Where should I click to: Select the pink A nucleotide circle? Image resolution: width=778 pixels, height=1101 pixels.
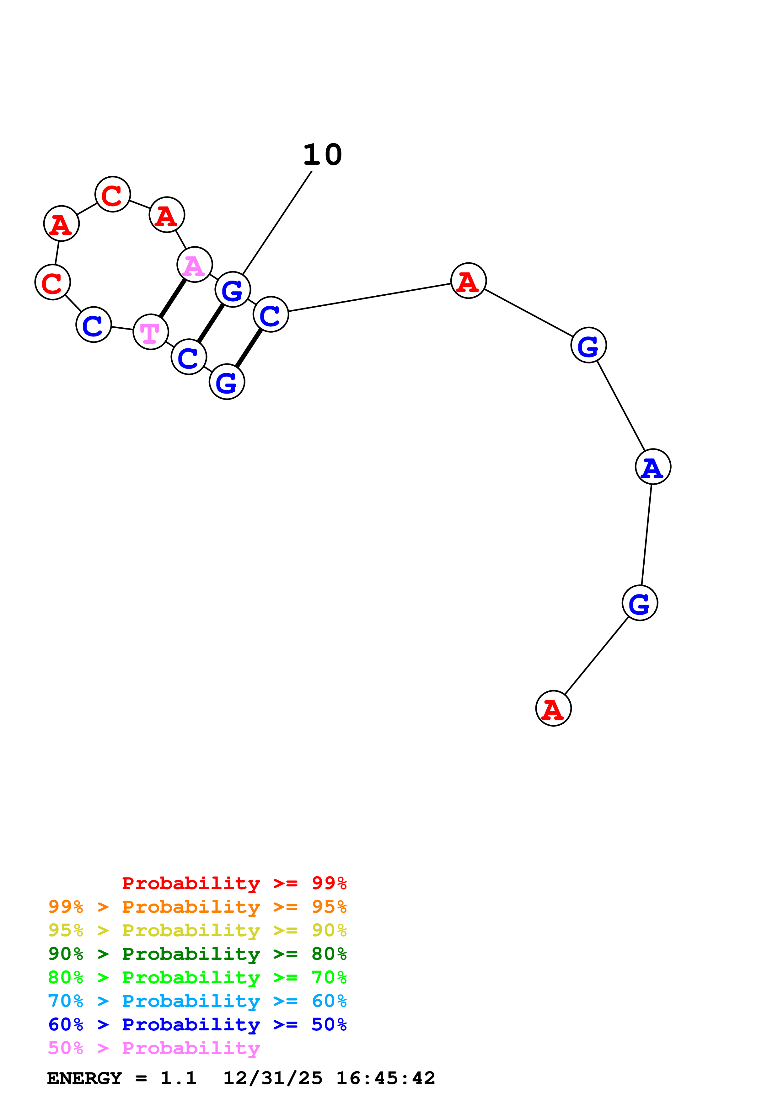(194, 265)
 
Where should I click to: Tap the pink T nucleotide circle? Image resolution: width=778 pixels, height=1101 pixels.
(151, 332)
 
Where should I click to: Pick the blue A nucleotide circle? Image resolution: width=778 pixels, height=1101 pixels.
(652, 467)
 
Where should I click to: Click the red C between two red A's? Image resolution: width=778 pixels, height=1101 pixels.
(113, 194)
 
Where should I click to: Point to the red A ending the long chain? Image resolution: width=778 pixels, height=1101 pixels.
(553, 708)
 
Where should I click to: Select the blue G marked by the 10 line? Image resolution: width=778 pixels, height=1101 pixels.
(233, 290)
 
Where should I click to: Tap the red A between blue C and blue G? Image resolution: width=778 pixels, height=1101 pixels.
(468, 281)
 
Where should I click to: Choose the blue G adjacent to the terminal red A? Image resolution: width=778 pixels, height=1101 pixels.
(640, 603)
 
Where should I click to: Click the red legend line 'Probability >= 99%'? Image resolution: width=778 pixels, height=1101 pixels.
(234, 883)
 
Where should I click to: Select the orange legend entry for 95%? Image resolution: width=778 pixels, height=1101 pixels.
(197, 907)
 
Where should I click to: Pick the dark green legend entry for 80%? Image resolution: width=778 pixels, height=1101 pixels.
(197, 954)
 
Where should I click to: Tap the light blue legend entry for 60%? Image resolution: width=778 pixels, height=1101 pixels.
(197, 1001)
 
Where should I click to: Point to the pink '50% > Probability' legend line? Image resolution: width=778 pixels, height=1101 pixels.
(154, 1048)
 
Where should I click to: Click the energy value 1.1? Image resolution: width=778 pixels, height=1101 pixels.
(178, 1078)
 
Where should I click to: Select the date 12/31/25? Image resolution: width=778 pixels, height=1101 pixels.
(273, 1078)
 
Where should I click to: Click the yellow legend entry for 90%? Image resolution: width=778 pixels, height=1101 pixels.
(197, 930)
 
